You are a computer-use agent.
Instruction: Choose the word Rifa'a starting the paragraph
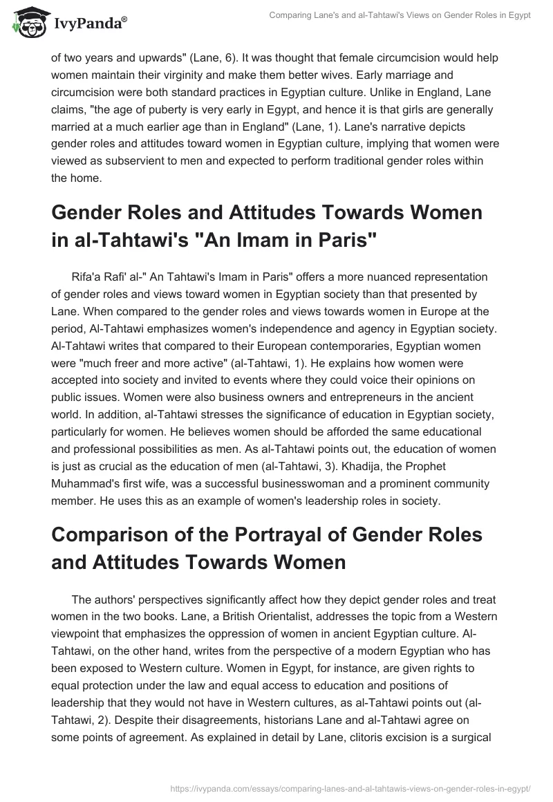86,277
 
